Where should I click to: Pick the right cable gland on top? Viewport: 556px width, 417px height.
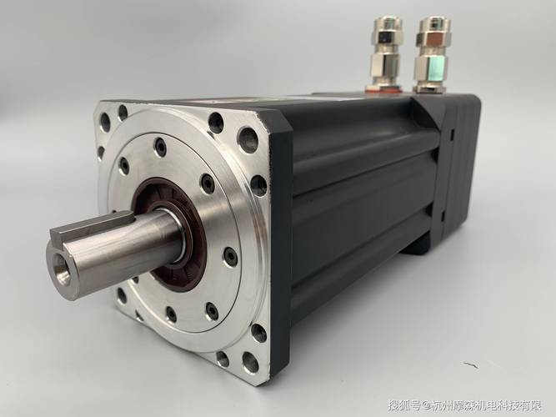pos(433,54)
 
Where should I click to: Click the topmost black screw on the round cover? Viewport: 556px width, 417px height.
pos(161,146)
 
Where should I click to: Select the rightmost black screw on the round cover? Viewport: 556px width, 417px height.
pos(230,255)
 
